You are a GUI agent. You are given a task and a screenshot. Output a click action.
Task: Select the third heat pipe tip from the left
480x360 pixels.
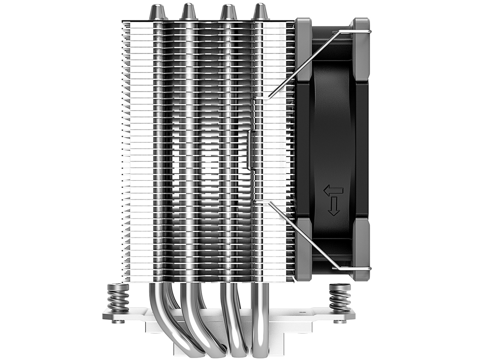click(228, 12)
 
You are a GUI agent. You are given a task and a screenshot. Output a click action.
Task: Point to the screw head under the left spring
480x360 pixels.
click(115, 321)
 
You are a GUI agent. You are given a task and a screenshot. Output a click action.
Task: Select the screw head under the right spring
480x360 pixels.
click(338, 321)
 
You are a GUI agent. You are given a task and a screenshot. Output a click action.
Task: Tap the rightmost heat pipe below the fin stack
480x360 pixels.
click(260, 315)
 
